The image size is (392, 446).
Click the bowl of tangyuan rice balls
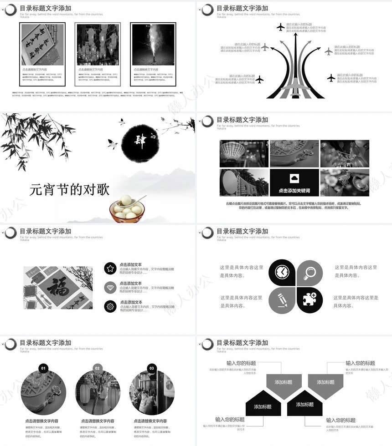coord(127,208)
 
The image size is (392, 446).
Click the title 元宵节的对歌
coord(70,189)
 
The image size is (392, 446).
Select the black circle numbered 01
coord(43,368)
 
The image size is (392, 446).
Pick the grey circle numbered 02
coord(98,368)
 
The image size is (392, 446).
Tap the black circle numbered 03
coord(152,368)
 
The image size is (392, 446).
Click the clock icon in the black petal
coord(282,272)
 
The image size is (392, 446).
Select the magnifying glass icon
coord(310,272)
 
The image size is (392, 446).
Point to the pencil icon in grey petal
coord(282,299)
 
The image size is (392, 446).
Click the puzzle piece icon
coord(310,299)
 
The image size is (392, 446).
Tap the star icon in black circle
coord(110,269)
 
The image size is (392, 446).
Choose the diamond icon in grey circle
coord(110,288)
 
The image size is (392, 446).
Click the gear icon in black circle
coord(110,307)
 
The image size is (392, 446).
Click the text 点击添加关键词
coord(294,191)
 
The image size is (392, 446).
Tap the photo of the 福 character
coord(58,288)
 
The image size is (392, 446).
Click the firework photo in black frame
coord(153,45)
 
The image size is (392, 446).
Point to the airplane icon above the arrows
coord(280,27)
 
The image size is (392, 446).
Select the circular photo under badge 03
coord(152,392)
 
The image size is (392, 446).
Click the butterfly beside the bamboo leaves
coord(112,144)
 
